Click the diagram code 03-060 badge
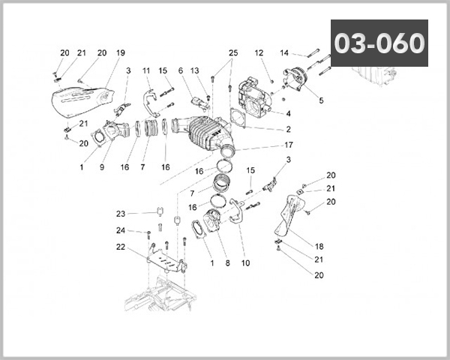click(x=379, y=43)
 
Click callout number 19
click(x=120, y=53)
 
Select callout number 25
click(x=232, y=53)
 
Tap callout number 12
click(x=259, y=53)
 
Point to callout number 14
click(x=284, y=53)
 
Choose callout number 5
click(x=320, y=99)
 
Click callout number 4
click(x=287, y=114)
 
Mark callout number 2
click(x=288, y=129)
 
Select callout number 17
click(x=288, y=145)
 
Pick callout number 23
click(x=120, y=213)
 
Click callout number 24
click(x=120, y=230)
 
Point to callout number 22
click(x=120, y=247)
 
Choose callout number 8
click(x=227, y=263)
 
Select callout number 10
click(x=246, y=263)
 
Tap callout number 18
click(x=319, y=246)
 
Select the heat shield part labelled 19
click(x=79, y=101)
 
